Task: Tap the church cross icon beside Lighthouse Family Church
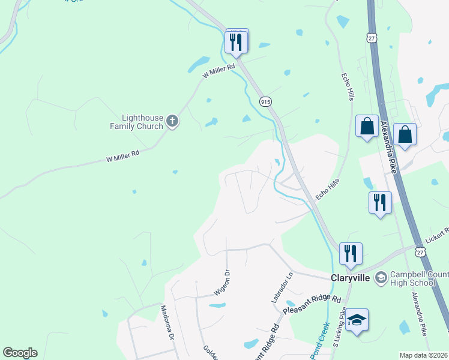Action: tap(172, 122)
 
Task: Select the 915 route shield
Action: tap(265, 101)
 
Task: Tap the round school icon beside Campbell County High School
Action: tap(381, 278)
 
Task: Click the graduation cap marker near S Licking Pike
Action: tap(357, 320)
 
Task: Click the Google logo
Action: tap(20, 353)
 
